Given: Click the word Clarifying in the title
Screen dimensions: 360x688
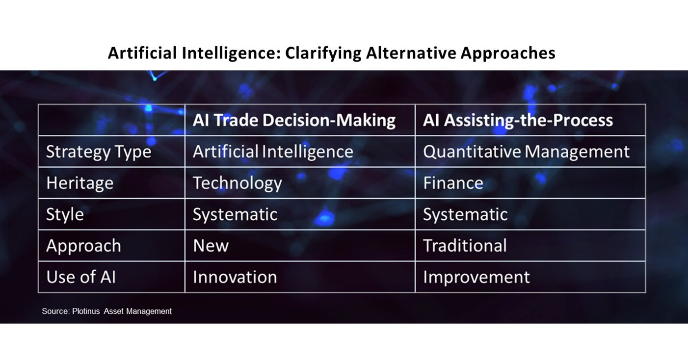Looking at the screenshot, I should tap(316, 53).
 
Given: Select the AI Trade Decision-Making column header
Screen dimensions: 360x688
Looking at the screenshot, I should tap(294, 120).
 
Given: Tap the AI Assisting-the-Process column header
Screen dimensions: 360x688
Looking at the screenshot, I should tap(518, 120).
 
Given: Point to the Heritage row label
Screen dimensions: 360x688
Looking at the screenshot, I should tap(79, 183).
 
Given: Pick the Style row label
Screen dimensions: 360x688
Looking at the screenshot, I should tap(65, 214).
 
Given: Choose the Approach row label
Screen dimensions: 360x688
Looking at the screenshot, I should tap(83, 246).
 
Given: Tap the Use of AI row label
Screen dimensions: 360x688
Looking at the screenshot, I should tap(81, 277).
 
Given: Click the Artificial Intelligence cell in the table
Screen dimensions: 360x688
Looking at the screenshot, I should tap(273, 152).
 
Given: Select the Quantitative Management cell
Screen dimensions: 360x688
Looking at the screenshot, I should tap(526, 152).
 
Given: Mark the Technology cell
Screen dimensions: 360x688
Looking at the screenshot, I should tap(237, 183).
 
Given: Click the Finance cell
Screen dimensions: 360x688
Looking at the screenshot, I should tap(453, 183).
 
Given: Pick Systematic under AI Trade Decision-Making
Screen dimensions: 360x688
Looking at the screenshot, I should tap(235, 214).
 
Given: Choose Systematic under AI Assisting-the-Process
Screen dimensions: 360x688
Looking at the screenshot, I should tap(465, 214).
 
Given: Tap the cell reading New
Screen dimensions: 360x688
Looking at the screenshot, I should tap(211, 246).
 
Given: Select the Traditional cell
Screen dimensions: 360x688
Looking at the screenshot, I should tap(465, 246).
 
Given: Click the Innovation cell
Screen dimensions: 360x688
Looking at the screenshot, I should tap(235, 277).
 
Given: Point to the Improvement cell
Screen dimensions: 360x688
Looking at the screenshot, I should tap(476, 277).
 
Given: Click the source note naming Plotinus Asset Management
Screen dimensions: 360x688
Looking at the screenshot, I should tap(107, 311).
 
